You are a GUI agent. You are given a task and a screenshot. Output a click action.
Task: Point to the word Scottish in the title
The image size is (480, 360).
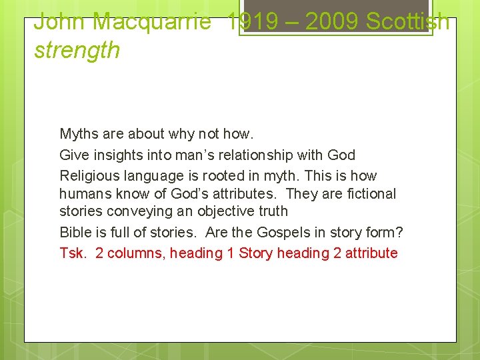(x=408, y=21)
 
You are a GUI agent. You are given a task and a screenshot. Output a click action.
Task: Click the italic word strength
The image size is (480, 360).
(x=77, y=50)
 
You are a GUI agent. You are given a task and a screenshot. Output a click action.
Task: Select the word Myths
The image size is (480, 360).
(x=78, y=134)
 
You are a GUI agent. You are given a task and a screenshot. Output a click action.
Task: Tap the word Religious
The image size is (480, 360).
(x=88, y=176)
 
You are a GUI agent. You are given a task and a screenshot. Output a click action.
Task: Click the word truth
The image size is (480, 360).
(x=268, y=211)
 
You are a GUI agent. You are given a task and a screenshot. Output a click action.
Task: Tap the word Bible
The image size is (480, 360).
(x=75, y=233)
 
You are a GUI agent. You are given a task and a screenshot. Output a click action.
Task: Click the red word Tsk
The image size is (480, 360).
(x=73, y=253)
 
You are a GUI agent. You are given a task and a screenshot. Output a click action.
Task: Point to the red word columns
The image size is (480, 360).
(x=131, y=253)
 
